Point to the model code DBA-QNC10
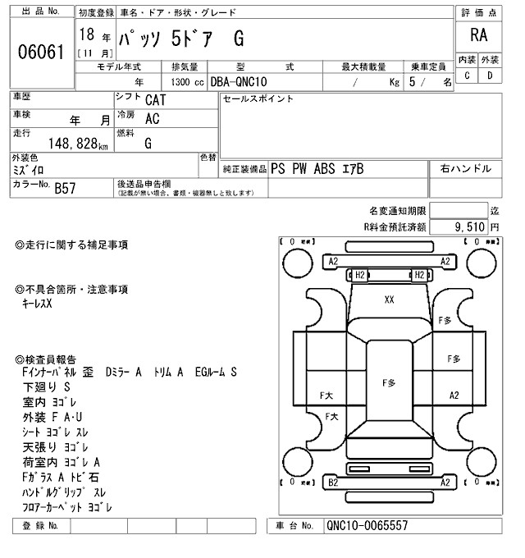tap(241, 82)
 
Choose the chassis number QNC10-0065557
tap(367, 526)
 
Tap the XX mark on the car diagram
tap(389, 300)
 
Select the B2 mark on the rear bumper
tap(333, 483)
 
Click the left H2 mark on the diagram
tap(358, 274)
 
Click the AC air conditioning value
tap(152, 119)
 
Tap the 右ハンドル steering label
tap(465, 168)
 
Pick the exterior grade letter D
tap(490, 75)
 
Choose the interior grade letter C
tap(467, 75)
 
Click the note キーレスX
tap(37, 304)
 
